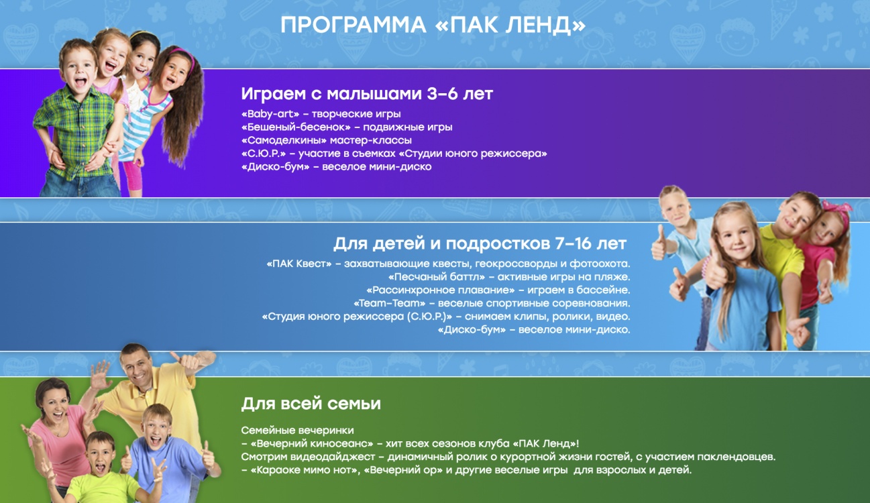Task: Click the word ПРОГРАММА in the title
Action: [353, 25]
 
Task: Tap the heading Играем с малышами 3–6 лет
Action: [367, 94]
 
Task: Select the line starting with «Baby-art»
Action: [321, 114]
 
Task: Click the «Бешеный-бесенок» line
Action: [347, 127]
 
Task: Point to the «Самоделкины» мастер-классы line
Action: [326, 140]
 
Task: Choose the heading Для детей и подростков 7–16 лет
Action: [480, 243]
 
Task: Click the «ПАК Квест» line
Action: [448, 264]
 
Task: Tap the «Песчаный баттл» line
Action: [509, 277]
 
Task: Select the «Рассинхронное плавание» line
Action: [498, 290]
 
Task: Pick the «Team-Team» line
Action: [492, 303]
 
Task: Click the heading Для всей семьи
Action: [311, 404]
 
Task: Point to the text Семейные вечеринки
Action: [298, 431]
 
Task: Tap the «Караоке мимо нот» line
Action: [466, 470]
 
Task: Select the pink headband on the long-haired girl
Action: [183, 56]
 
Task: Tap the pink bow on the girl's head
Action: [839, 210]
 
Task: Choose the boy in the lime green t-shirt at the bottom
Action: [102, 470]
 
